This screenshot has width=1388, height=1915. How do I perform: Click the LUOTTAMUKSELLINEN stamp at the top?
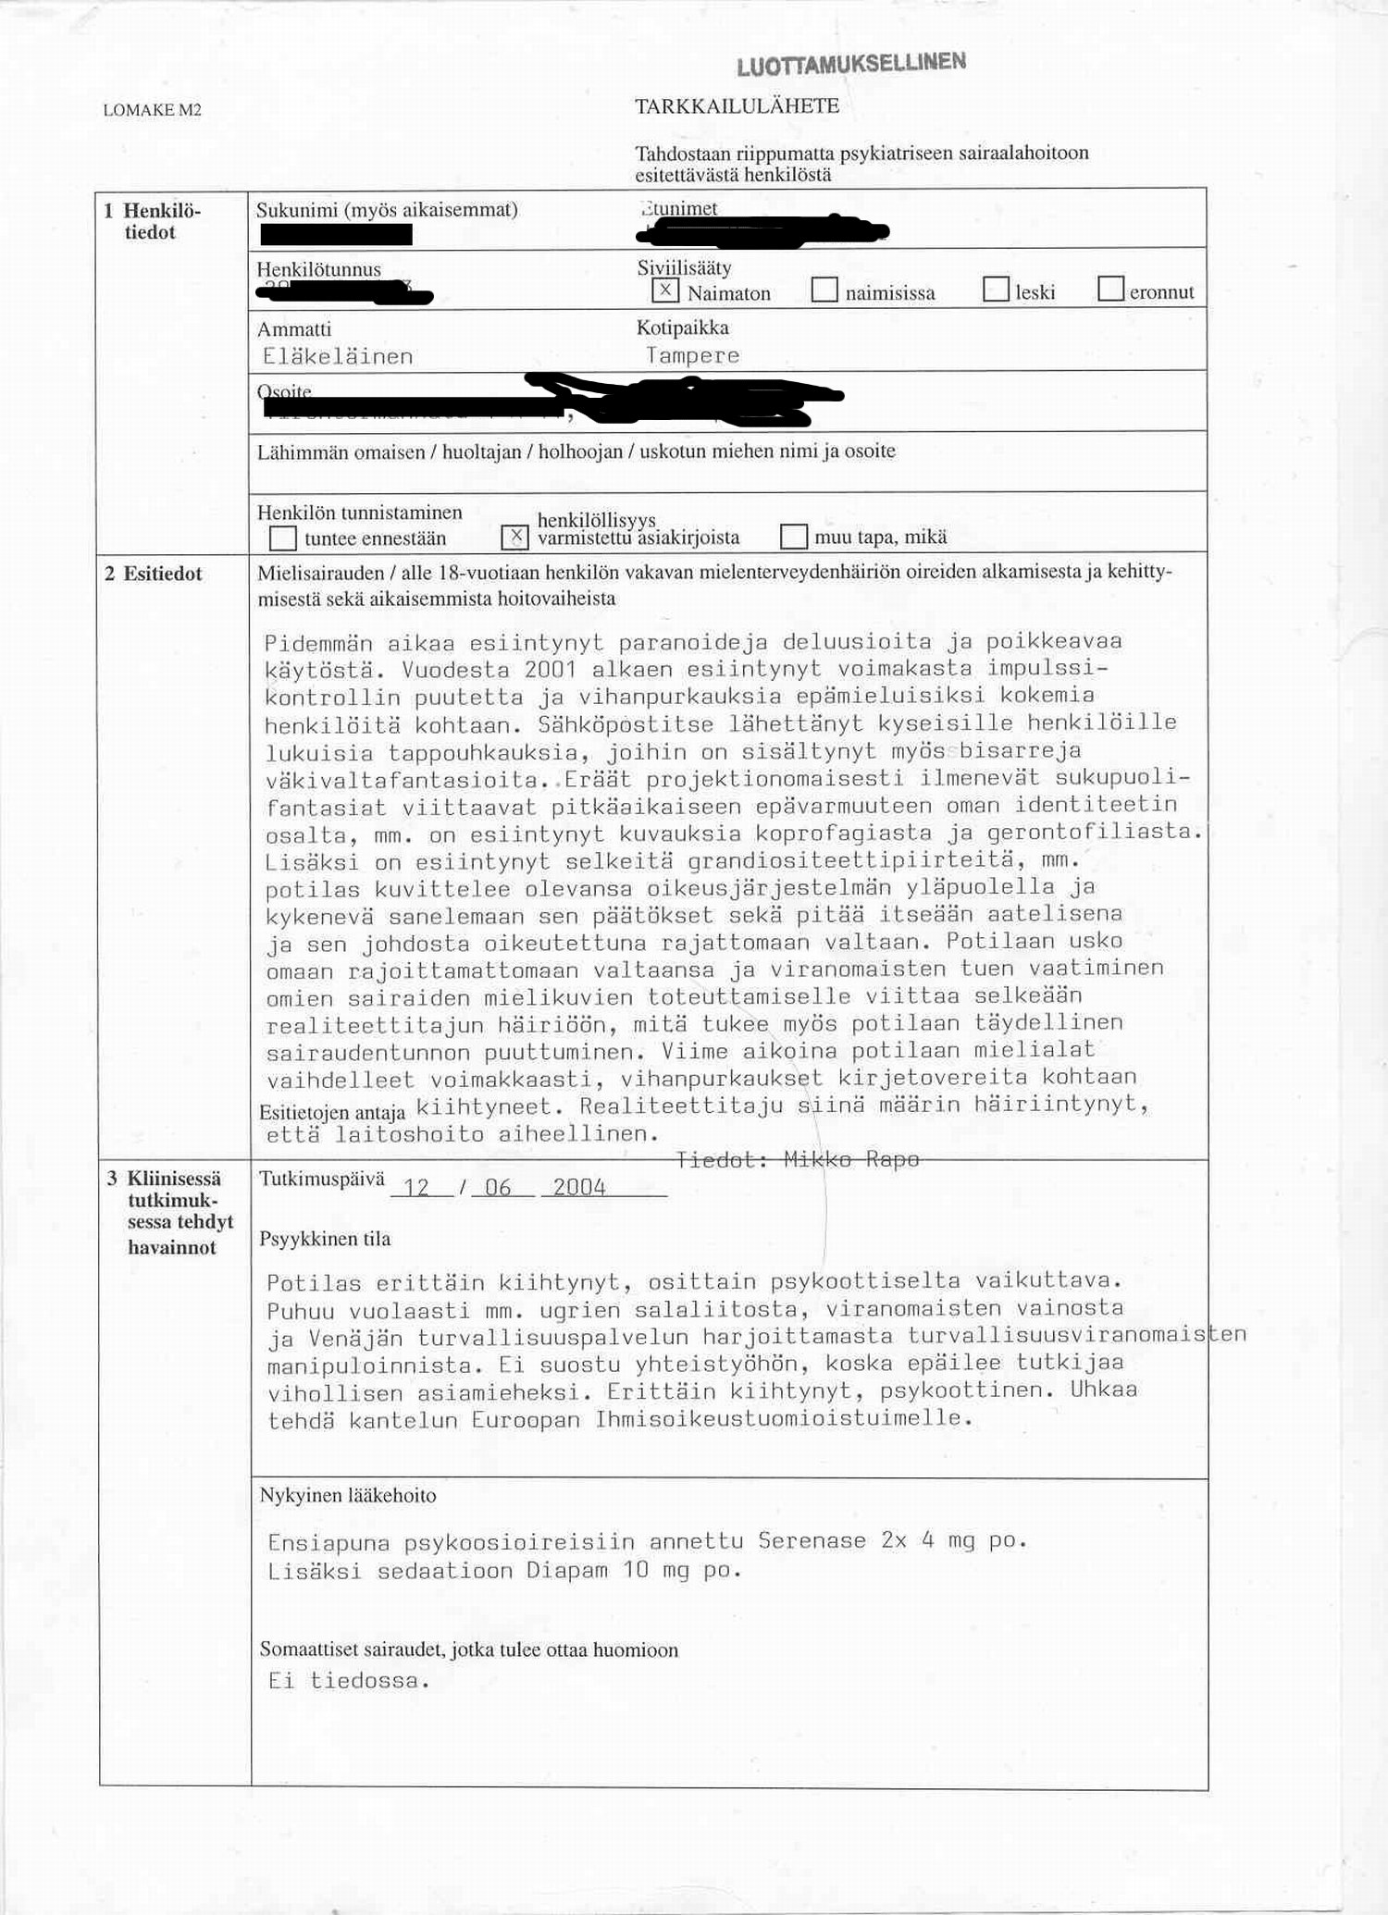pos(851,64)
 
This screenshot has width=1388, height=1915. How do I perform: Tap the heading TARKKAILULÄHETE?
pos(737,106)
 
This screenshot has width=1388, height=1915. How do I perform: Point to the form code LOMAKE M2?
pos(152,110)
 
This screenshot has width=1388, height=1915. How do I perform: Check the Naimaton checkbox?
pos(664,290)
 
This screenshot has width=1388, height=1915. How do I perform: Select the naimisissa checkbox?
pos(824,290)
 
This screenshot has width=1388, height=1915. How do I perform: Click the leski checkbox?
pos(996,290)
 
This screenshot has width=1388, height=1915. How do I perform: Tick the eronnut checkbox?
pos(1110,290)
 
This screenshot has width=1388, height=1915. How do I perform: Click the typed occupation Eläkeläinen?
pos(338,356)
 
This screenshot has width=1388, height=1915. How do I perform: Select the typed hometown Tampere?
pos(692,355)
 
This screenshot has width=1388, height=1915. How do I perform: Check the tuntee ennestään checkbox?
pos(282,537)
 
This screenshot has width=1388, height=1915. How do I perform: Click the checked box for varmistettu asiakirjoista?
pos(514,537)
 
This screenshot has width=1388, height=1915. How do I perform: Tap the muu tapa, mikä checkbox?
pos(794,537)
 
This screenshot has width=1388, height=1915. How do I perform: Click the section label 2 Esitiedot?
pos(154,574)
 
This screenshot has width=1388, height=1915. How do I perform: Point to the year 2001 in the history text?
pos(550,669)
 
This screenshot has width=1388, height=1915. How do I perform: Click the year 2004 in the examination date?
pos(579,1187)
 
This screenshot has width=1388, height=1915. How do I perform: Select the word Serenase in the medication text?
pos(812,1540)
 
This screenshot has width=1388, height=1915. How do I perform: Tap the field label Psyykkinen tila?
pos(325,1239)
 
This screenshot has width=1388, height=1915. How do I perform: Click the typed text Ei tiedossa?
pos(349,1681)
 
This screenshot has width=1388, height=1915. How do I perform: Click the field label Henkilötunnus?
pos(318,269)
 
